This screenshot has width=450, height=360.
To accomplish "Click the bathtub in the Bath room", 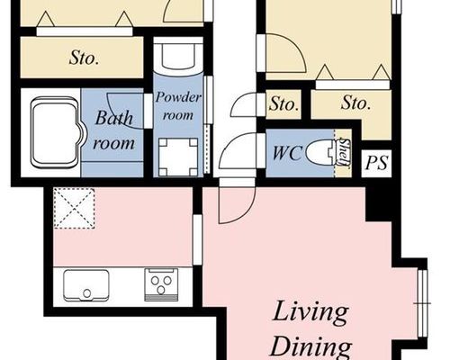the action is (57, 132).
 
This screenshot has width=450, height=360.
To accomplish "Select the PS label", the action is (377, 163).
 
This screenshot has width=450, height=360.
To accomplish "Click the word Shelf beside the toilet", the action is (345, 152).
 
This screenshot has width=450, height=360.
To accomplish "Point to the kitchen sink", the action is (86, 285).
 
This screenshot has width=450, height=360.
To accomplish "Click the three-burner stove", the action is (161, 284).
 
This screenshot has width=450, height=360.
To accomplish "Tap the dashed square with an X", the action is (74, 208).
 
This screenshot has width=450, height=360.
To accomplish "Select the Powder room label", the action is (178, 105).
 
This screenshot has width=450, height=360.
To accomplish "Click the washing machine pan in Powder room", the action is (178, 157).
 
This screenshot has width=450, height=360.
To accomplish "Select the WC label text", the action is (286, 152).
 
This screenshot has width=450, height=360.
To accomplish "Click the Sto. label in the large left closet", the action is (84, 58).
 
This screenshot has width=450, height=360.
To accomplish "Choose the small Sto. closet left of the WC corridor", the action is (283, 104).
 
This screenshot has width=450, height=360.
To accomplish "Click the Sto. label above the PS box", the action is (355, 103).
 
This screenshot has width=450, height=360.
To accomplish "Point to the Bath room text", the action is (114, 130).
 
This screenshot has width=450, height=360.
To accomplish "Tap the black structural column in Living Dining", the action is (379, 204).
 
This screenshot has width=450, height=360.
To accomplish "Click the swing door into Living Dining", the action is (237, 201).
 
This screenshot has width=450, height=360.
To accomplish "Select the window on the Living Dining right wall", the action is (422, 303).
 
